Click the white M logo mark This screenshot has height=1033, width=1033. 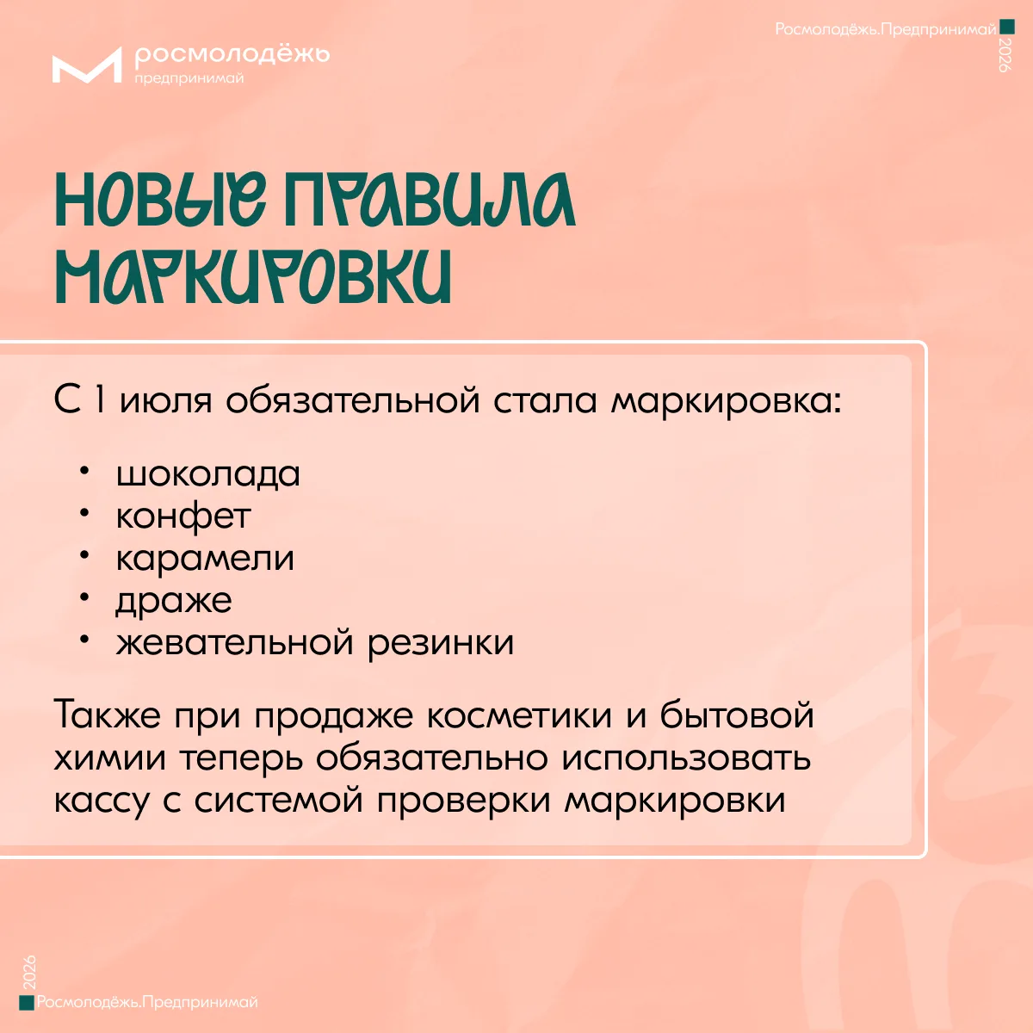click(87, 65)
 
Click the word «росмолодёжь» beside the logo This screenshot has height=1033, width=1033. click(232, 55)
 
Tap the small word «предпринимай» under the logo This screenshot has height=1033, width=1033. click(189, 79)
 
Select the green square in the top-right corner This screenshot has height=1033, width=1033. click(1007, 27)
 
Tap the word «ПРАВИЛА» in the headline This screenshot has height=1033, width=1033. click(430, 200)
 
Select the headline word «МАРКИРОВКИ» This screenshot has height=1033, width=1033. click(253, 277)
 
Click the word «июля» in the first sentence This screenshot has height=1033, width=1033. click(165, 400)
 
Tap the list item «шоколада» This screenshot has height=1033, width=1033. click(208, 474)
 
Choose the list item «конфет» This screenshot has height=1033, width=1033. click(183, 516)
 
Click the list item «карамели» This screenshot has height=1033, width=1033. click(205, 558)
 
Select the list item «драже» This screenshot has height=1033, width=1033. click(174, 600)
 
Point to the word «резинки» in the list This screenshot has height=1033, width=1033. click(441, 642)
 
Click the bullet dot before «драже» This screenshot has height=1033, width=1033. click(84, 597)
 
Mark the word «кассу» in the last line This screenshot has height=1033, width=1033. click(102, 801)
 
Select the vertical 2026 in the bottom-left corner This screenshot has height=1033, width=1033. click(29, 971)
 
